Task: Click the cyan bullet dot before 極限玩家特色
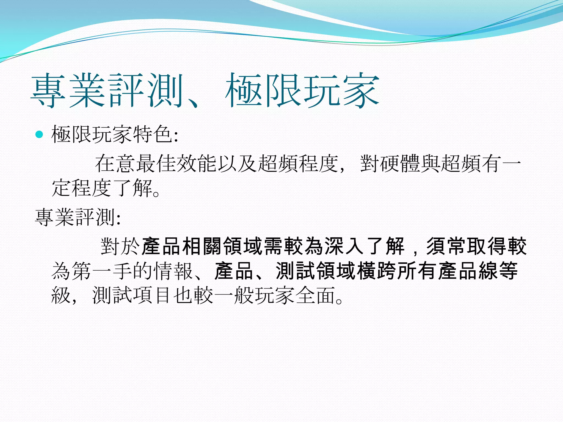click(40, 135)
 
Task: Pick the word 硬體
click(400, 164)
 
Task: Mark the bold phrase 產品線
click(467, 271)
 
